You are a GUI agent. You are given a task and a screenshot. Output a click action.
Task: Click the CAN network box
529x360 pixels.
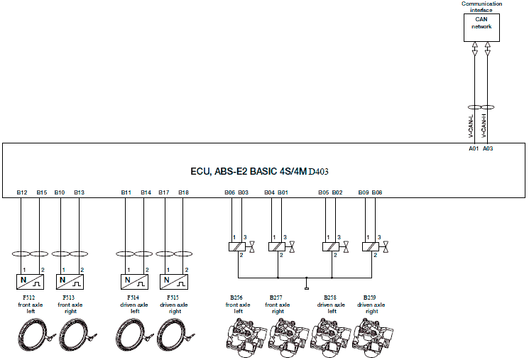tap(481, 25)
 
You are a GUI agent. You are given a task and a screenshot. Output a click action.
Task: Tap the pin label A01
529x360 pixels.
tap(474, 149)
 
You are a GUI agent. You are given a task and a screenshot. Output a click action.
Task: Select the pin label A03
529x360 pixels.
tap(487, 149)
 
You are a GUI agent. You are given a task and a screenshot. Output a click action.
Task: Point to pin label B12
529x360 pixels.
tap(21, 192)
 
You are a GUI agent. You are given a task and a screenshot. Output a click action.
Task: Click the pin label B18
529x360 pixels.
tap(183, 192)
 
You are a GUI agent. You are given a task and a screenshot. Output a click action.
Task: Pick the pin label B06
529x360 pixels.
tap(229, 192)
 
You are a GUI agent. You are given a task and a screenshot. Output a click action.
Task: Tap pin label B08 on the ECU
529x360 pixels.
tap(377, 192)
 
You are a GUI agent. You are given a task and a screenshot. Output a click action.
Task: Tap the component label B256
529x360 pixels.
tap(236, 297)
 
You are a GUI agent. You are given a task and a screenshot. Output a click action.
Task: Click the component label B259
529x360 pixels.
tap(370, 297)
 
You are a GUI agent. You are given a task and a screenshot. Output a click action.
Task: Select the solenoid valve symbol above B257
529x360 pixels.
tap(277, 246)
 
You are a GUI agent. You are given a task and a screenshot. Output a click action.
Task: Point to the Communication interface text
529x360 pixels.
tap(481, 6)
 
